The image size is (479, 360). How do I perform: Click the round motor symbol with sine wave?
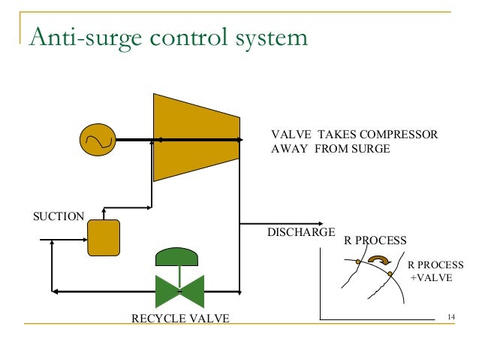(x=98, y=140)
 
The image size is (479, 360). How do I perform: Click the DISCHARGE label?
(x=301, y=232)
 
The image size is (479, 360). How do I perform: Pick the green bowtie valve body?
(x=179, y=289)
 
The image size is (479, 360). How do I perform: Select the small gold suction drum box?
(x=104, y=237)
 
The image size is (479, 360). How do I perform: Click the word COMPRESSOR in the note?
(x=399, y=135)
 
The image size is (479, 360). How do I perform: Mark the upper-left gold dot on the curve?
(x=358, y=262)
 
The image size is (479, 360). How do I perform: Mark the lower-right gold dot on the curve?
(x=390, y=274)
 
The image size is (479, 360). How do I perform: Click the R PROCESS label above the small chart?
(x=375, y=241)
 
